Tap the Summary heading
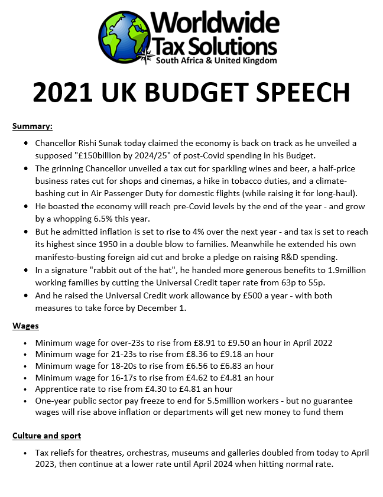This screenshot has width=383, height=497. click(33, 126)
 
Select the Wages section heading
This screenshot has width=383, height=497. click(26, 326)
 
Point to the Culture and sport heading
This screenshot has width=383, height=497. click(47, 436)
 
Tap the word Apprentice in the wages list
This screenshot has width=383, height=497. click(59, 389)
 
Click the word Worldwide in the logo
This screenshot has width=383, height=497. click(216, 22)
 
